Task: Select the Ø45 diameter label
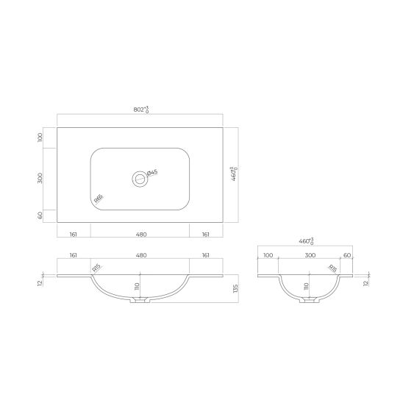[152, 173]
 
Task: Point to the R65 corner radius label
[98, 198]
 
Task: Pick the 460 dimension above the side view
[305, 241]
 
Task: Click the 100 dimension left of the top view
[41, 137]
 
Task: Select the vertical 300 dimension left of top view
[41, 177]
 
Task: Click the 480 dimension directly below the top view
[141, 234]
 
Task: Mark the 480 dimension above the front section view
[141, 255]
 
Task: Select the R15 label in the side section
[331, 269]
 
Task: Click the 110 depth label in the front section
[137, 286]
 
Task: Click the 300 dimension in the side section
[310, 255]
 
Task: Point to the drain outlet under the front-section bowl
[140, 301]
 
